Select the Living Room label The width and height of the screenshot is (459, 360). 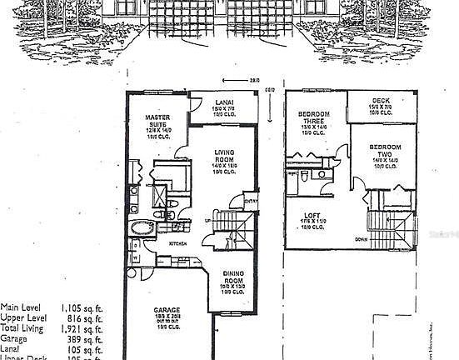click(x=224, y=153)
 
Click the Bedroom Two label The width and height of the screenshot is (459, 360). click(x=386, y=147)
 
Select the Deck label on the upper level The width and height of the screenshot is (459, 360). click(x=380, y=102)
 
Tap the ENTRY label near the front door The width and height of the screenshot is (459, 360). click(x=252, y=201)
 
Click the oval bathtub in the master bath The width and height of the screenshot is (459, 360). click(x=141, y=227)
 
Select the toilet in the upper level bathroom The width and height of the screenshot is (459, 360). click(x=307, y=177)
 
